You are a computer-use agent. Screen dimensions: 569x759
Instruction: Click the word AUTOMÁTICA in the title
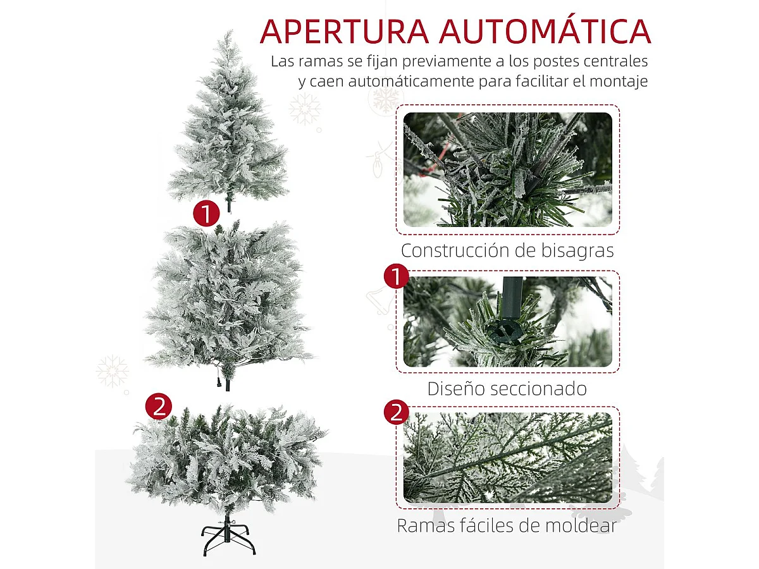pyautogui.click(x=545, y=31)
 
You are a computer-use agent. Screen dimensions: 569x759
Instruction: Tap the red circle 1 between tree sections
pyautogui.click(x=206, y=214)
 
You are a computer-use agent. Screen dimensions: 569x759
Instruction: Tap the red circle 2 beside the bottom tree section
pyautogui.click(x=158, y=407)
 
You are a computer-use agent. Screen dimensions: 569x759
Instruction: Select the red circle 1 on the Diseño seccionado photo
pyautogui.click(x=397, y=276)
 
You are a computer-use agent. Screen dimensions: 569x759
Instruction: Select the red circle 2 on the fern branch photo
pyautogui.click(x=397, y=413)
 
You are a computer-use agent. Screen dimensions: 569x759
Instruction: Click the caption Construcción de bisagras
pyautogui.click(x=507, y=250)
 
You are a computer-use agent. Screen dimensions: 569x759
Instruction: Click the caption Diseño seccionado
pyautogui.click(x=507, y=388)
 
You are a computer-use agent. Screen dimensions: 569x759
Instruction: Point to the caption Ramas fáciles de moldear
pyautogui.click(x=507, y=525)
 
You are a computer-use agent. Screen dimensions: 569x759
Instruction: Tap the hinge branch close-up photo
pyautogui.click(x=507, y=169)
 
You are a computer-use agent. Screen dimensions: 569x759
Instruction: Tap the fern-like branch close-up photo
pyautogui.click(x=507, y=458)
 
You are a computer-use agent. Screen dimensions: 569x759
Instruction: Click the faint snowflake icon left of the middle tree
pyautogui.click(x=113, y=371)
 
